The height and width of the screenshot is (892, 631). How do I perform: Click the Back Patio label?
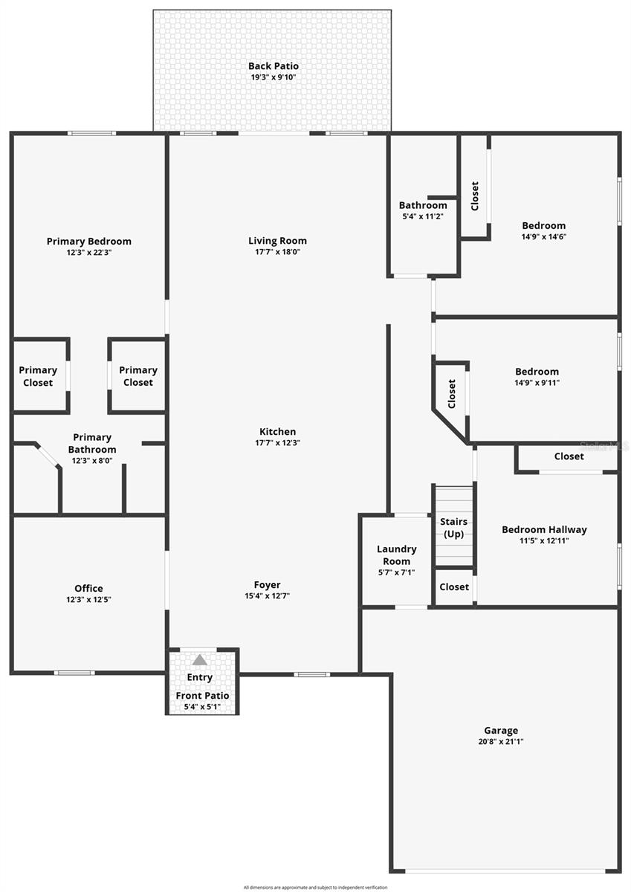(x=273, y=66)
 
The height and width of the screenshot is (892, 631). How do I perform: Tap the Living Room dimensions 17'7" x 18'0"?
(x=277, y=252)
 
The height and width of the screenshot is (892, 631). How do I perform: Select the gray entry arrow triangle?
(x=199, y=660)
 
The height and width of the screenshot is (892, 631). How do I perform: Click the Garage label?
(x=500, y=730)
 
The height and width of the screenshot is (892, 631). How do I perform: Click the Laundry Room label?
(x=396, y=555)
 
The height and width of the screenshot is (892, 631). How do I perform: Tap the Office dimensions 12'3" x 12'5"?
(x=88, y=600)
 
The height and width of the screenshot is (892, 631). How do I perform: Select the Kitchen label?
(x=277, y=431)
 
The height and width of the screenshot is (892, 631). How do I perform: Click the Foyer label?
(x=267, y=585)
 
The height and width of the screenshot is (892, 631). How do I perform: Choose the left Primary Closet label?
(x=38, y=376)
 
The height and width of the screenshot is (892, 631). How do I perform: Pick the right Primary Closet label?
(x=138, y=376)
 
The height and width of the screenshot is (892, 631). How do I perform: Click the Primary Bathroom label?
(x=92, y=443)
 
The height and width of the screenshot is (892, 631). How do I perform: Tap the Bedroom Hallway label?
(x=544, y=529)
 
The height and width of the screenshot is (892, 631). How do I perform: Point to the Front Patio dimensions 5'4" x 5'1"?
(x=202, y=706)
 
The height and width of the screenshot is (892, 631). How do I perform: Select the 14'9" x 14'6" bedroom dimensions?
(x=543, y=237)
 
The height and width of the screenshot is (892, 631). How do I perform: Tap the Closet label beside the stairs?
(x=454, y=586)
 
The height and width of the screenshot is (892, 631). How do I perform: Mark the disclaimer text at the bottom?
(x=315, y=887)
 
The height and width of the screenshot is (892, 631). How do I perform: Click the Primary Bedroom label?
(x=88, y=241)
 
